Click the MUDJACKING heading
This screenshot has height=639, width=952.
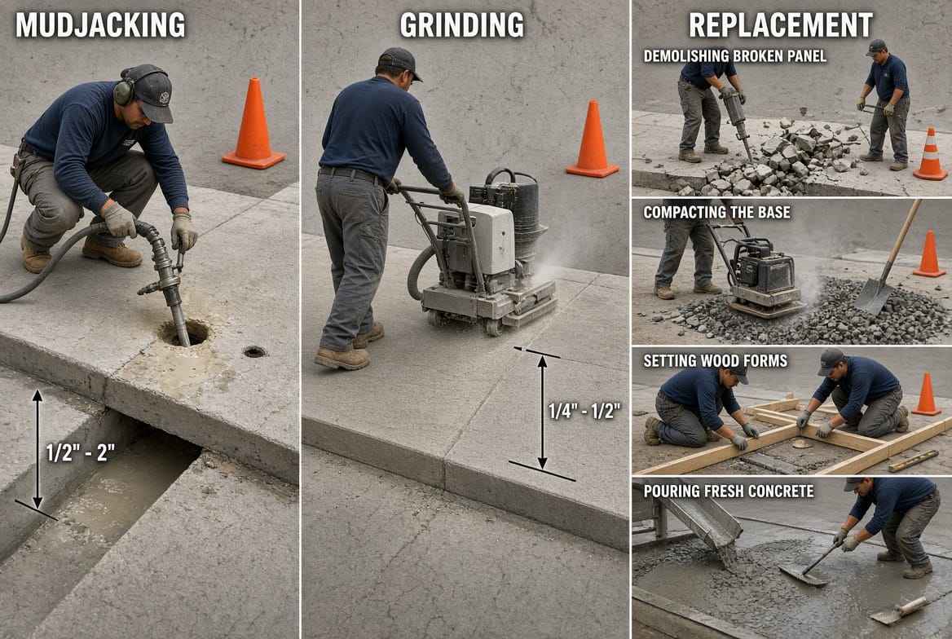click(x=100, y=25)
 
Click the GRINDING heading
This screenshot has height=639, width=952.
click(x=462, y=25)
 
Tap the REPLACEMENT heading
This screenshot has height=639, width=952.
click(x=781, y=25)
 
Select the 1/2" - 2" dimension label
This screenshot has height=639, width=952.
click(x=80, y=452)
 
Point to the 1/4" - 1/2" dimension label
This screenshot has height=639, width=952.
click(x=584, y=412)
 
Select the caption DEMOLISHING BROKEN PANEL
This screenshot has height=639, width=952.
click(x=735, y=56)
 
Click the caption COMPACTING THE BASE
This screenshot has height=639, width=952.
click(x=717, y=213)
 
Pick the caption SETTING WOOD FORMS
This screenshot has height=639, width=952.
click(x=715, y=361)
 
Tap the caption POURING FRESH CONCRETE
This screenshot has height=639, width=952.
click(x=729, y=491)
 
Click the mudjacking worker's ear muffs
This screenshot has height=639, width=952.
click(x=124, y=91)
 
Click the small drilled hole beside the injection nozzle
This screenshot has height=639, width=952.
click(x=254, y=351)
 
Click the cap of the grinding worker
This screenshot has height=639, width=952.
click(x=399, y=62)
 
